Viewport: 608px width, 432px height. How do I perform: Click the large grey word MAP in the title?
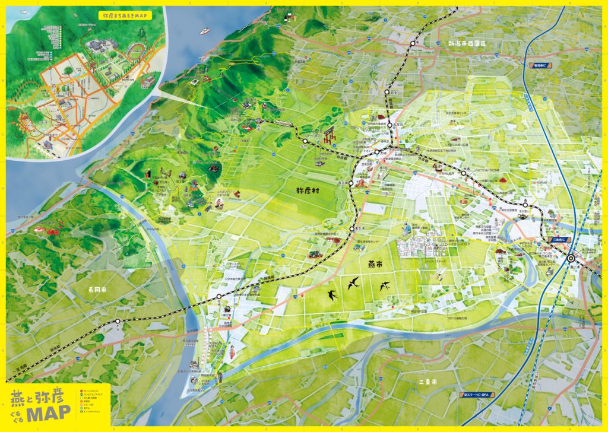click(47, 412)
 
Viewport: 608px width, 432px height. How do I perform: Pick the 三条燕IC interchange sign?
click(560, 240)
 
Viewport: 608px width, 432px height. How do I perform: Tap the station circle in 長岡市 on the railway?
click(117, 321)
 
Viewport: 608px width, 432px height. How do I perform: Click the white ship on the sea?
click(204, 30)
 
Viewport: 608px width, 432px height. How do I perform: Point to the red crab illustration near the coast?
click(45, 228)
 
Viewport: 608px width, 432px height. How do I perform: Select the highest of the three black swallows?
click(354, 283)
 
